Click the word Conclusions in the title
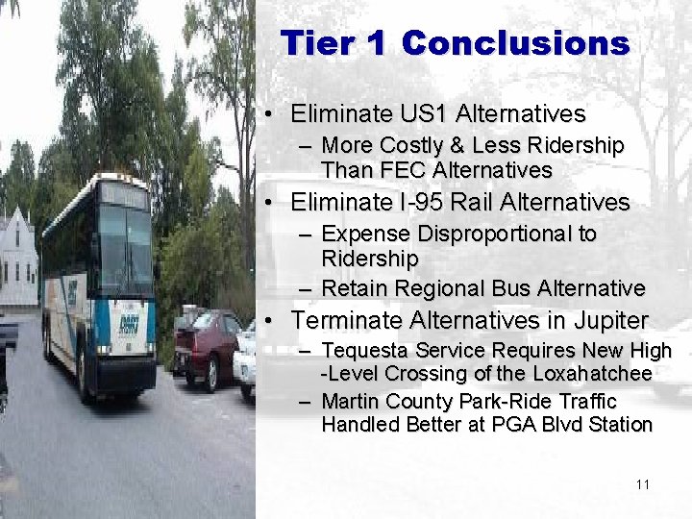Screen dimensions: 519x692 coord(515,43)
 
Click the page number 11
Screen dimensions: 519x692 coord(643,484)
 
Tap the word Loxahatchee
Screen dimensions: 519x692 coord(593,374)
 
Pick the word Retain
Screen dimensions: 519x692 coord(351,287)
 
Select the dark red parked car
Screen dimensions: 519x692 coord(207,347)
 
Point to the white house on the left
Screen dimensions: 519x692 coord(17,259)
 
